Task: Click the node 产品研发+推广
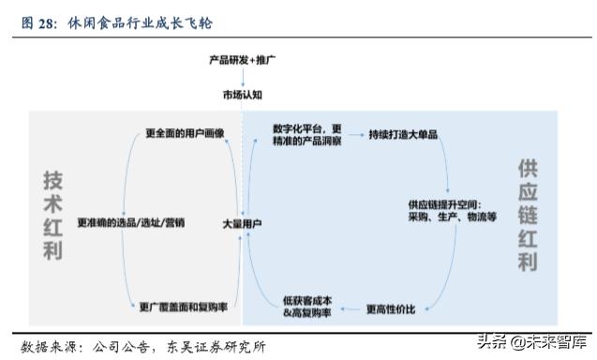242,60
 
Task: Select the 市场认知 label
242,95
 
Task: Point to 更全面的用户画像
186,133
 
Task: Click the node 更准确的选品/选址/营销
131,223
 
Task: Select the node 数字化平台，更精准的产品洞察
306,134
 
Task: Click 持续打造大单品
405,134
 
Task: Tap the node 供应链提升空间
452,210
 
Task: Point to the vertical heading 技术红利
52,216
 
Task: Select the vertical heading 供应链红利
529,216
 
